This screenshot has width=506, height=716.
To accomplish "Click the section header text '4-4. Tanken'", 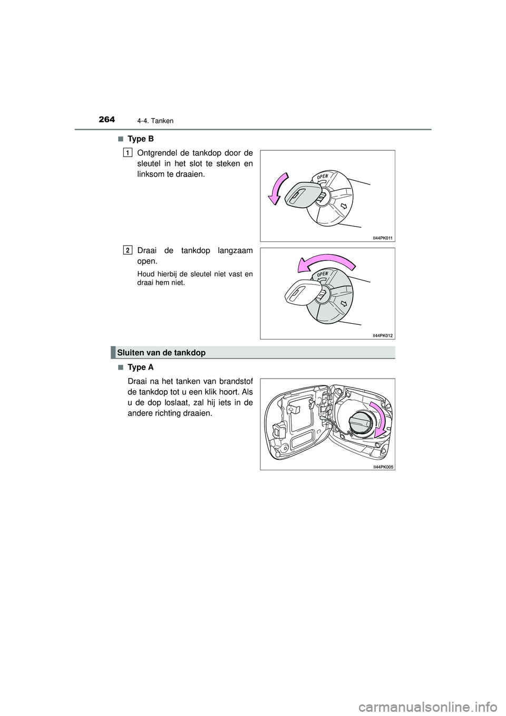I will (157, 121).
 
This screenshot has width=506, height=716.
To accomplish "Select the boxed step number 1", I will (128, 152).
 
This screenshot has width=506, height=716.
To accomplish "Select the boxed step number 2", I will (128, 249).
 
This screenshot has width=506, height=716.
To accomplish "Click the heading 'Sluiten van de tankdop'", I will (161, 352).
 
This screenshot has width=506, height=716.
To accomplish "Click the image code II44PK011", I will (383, 238).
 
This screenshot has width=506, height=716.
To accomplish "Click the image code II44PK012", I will (383, 335).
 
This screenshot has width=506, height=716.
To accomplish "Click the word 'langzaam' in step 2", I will (233, 250).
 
